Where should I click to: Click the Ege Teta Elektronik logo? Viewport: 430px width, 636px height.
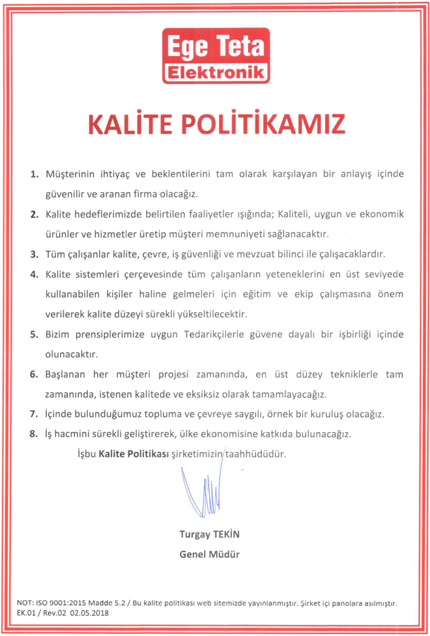[x=215, y=55]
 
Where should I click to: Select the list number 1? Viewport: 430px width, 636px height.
[x=35, y=175]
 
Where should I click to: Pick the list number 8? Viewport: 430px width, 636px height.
[x=35, y=432]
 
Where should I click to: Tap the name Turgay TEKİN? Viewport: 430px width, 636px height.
[x=210, y=534]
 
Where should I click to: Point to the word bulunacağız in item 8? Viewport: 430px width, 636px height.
[x=321, y=432]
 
